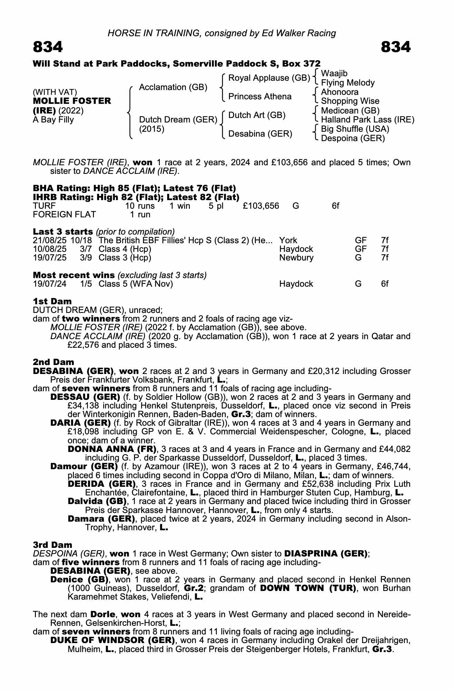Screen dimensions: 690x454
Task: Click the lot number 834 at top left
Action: [48, 47]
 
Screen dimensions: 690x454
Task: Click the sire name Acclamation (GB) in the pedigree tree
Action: [173, 87]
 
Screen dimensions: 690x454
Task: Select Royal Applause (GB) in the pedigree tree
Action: [269, 78]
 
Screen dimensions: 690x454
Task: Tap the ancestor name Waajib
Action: [334, 73]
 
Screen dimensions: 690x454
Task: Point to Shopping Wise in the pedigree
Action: [350, 101]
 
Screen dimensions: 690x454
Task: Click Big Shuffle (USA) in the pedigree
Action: [355, 129]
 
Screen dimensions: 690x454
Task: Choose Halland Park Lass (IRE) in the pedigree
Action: [367, 120]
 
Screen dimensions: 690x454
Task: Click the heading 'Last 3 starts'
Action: [63, 231]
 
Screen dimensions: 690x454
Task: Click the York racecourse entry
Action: [288, 240]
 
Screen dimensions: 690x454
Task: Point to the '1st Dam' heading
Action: [52, 301]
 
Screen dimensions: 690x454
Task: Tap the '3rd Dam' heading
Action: [52, 545]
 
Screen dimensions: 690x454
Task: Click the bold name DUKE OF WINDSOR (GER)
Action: [112, 640]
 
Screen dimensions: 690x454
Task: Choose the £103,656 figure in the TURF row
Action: [261, 206]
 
